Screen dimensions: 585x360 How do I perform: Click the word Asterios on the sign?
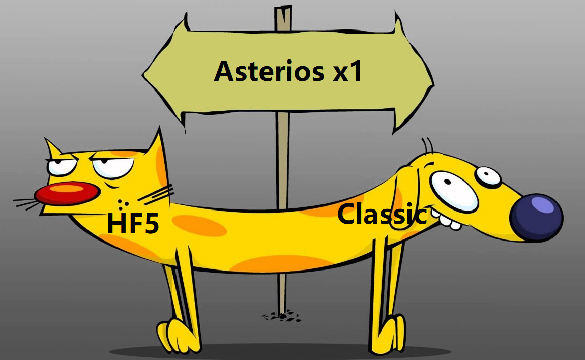click(x=269, y=71)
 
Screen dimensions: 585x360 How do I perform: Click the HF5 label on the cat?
click(x=133, y=223)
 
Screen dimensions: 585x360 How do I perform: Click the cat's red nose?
click(x=67, y=194)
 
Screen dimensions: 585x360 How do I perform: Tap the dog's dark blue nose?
click(x=537, y=217)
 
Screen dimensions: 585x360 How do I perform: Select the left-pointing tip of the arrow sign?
click(x=142, y=75)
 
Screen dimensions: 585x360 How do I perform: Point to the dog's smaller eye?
click(x=488, y=176)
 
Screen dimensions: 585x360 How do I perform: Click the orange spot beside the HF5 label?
click(x=199, y=225)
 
